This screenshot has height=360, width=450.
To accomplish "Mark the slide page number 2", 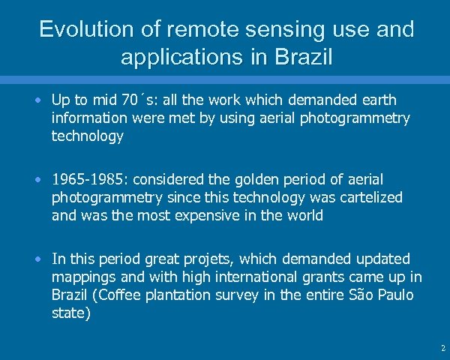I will click(442, 349).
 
